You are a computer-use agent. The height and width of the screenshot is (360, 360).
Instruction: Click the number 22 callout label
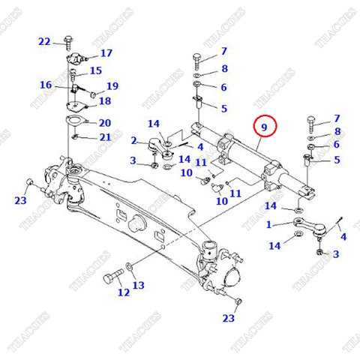[44, 41]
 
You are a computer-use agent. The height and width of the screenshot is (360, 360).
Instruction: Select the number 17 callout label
[106, 53]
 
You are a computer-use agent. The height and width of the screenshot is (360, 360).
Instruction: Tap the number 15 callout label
[95, 71]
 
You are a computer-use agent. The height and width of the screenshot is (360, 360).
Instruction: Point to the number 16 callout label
[46, 85]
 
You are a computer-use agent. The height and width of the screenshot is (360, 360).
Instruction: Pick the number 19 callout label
[112, 86]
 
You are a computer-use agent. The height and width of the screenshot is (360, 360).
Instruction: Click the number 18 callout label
[104, 101]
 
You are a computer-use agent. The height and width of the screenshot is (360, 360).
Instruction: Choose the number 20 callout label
[104, 123]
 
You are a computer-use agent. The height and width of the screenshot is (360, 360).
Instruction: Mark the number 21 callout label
[104, 136]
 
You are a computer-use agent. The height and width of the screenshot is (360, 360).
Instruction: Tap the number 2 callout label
[133, 140]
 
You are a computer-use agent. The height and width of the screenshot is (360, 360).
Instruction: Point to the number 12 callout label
[123, 292]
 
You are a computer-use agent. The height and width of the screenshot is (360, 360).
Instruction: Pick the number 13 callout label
[138, 285]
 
